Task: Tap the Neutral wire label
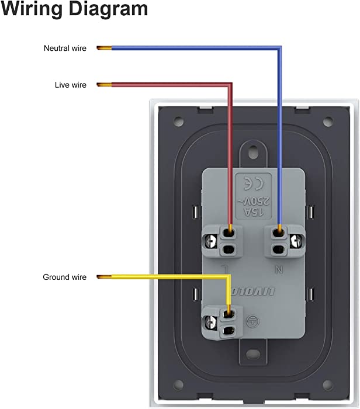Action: [x=65, y=48]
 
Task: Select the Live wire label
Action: [x=71, y=85]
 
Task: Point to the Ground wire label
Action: [x=64, y=277]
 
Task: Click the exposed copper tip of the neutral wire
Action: [x=104, y=48]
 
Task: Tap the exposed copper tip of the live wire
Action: [x=104, y=85]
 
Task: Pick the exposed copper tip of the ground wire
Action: [x=104, y=277]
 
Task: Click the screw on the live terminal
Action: [x=211, y=241]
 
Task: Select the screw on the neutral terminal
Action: [x=296, y=241]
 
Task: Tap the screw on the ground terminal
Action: [x=211, y=323]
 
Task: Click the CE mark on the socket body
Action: [x=254, y=183]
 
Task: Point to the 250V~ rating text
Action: [x=254, y=201]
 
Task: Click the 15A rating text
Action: [x=253, y=212]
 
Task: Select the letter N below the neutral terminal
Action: [x=279, y=270]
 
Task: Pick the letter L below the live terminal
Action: [x=224, y=269]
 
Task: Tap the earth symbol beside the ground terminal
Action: [x=253, y=321]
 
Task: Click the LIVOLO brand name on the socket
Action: [x=253, y=292]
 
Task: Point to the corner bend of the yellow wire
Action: [x=229, y=277]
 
